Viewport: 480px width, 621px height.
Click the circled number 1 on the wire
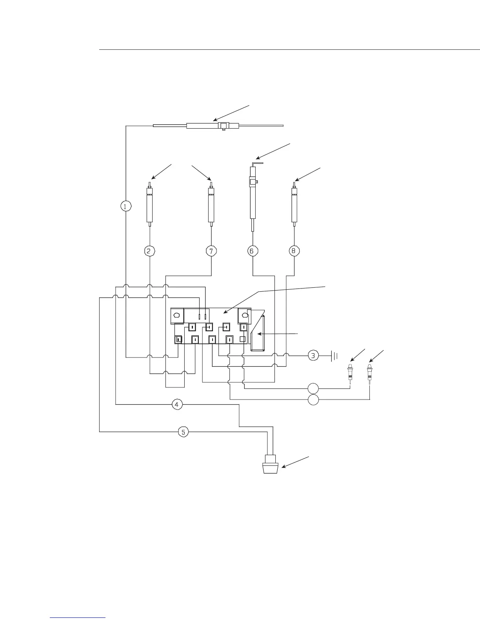(125, 206)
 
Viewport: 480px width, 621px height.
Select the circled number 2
(149, 251)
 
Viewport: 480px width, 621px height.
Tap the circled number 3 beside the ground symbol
(313, 356)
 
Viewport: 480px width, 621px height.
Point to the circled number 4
(177, 404)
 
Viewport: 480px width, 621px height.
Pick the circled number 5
(184, 432)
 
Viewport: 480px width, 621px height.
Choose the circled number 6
(252, 251)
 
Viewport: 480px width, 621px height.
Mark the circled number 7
(211, 251)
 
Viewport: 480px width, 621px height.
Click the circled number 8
(294, 251)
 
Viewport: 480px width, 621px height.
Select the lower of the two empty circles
(313, 400)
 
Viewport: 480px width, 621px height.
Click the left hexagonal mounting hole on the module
(177, 315)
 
